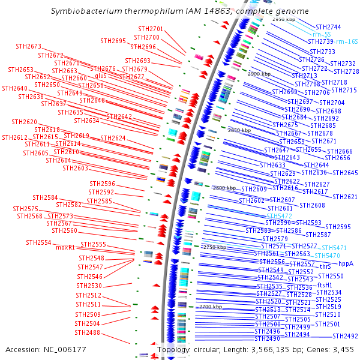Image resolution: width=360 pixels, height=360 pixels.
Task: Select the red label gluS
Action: [x=100, y=76]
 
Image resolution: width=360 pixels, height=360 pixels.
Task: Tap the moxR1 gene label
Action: [x=65, y=247]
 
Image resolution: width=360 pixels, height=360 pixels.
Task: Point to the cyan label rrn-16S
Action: [x=347, y=41]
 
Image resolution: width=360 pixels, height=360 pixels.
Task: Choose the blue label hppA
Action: [x=346, y=263]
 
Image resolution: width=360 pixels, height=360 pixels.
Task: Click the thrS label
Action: [x=325, y=266]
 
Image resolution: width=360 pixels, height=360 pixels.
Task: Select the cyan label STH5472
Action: [x=279, y=215]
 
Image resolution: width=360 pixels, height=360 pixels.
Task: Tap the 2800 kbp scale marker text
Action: [x=224, y=188]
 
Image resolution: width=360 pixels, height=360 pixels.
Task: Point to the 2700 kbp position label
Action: [x=210, y=307]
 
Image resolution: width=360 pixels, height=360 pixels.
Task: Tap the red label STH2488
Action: [x=88, y=332]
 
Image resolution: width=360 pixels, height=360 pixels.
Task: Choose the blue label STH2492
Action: [x=345, y=336]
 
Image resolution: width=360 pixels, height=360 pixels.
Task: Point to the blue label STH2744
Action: [x=328, y=27]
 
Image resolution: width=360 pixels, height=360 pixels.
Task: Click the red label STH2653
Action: [x=20, y=70]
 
